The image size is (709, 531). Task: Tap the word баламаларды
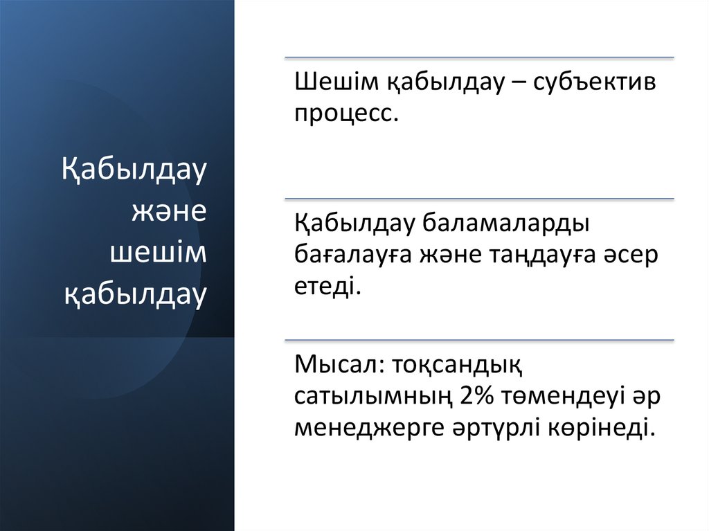point(505,225)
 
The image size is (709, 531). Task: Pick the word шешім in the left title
point(159,253)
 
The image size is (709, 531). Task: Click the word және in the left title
point(169,211)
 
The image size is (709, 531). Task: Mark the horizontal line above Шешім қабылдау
point(479,58)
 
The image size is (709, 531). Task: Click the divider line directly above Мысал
point(479,341)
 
